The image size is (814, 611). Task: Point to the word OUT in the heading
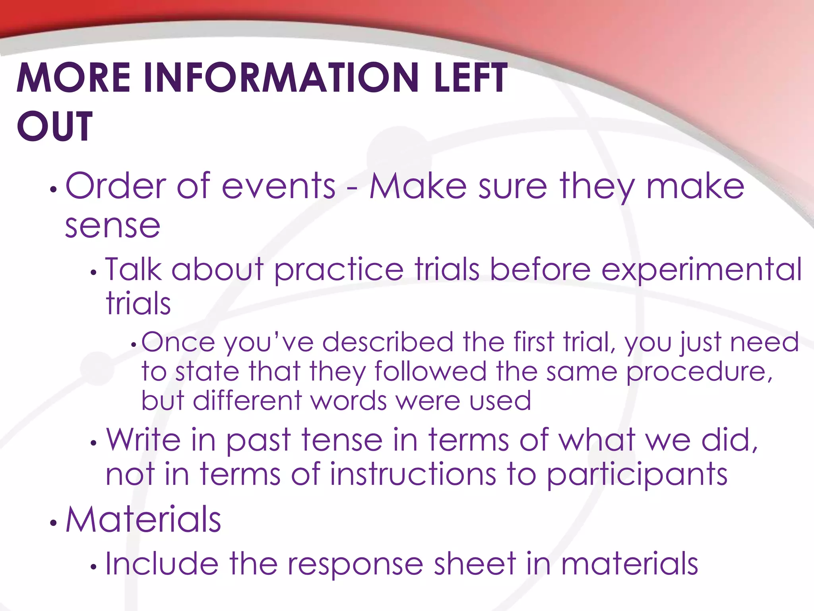pos(55,126)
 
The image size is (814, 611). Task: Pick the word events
pos(278,186)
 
